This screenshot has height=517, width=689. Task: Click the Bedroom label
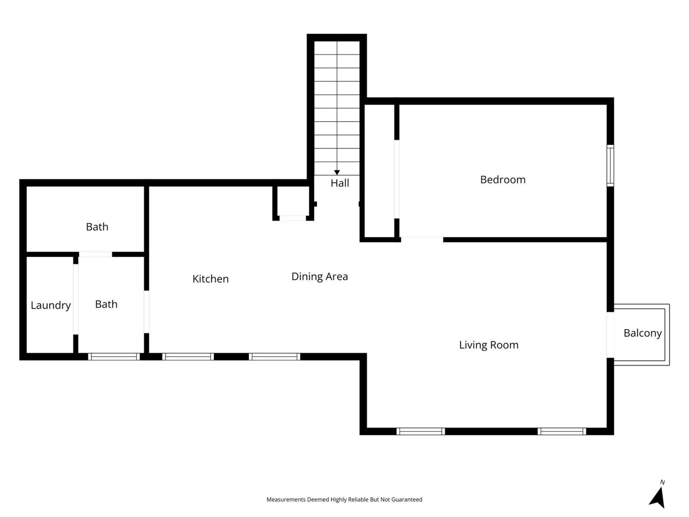(503, 180)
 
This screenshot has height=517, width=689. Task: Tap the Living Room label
(489, 345)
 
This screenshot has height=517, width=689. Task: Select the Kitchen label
(210, 279)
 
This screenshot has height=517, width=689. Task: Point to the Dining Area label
(320, 277)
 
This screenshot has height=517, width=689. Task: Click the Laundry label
(50, 305)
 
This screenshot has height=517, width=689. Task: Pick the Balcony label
(642, 333)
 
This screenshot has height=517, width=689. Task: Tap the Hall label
(340, 183)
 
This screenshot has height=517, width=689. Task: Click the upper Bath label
(97, 227)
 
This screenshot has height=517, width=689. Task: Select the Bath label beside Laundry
(106, 304)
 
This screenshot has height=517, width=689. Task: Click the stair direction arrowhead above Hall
(337, 173)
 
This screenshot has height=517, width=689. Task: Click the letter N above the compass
(662, 482)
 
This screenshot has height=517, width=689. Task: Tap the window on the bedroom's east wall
(610, 165)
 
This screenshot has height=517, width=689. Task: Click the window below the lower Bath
(114, 357)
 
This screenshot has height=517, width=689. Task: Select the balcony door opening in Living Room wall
(610, 335)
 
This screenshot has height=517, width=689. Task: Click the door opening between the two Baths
(96, 254)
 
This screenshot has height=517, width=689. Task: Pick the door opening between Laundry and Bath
(76, 299)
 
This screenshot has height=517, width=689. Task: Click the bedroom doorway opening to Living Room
(422, 240)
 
